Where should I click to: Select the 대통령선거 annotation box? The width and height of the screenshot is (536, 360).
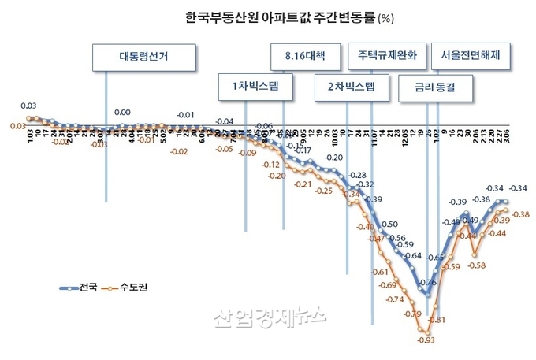tap(144, 57)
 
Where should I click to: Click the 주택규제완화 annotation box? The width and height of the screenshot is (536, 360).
tap(386, 57)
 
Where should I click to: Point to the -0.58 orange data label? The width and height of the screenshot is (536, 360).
tap(476, 265)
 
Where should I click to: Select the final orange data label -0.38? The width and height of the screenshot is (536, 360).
tap(520, 214)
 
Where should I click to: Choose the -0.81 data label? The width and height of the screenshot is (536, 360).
tap(438, 320)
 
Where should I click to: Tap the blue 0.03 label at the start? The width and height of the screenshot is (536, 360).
tap(28, 106)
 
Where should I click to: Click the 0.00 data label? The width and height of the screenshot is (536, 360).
tap(122, 113)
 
